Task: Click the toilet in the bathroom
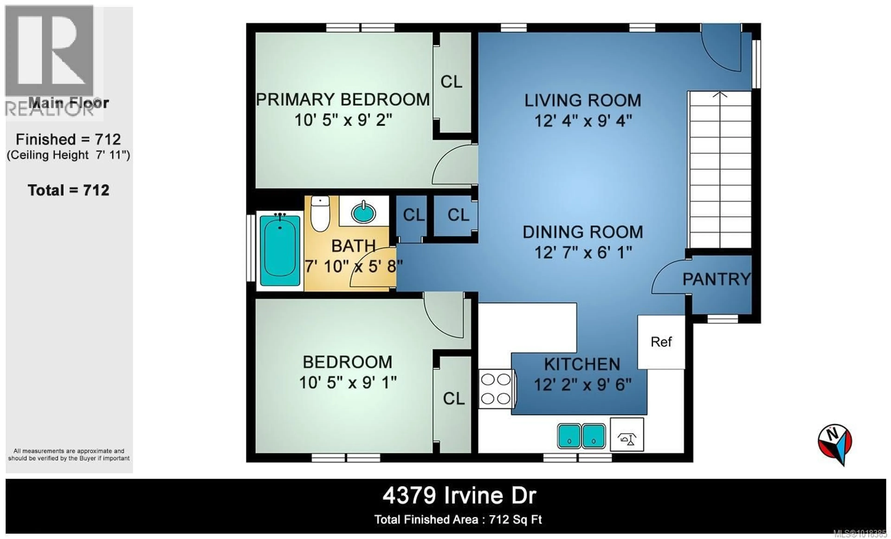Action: [x=320, y=214]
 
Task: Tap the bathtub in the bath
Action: [x=280, y=250]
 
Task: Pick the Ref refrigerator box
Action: [x=661, y=342]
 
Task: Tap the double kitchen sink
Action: [x=581, y=436]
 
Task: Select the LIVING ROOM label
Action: [x=583, y=101]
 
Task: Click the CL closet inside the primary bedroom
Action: [x=451, y=82]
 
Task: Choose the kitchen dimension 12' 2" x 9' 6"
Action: [x=583, y=385]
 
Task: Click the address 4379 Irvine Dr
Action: [x=459, y=496]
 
